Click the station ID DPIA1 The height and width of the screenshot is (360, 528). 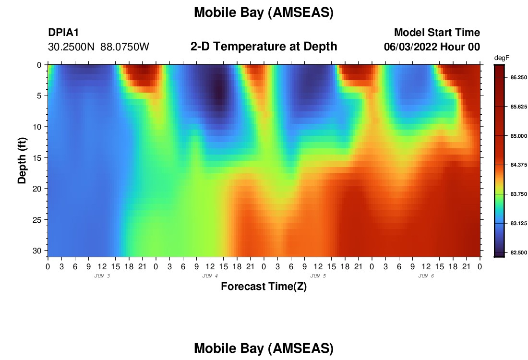(63, 32)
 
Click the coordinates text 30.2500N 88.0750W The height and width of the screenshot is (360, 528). (98, 47)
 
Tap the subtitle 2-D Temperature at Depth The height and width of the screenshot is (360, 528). (264, 47)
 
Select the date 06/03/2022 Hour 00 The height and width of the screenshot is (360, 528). (432, 47)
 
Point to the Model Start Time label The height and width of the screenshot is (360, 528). (437, 32)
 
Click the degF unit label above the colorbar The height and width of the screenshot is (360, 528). (502, 58)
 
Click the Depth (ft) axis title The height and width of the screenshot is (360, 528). (22, 161)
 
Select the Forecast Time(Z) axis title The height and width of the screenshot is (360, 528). (264, 287)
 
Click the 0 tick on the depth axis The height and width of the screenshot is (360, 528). (39, 65)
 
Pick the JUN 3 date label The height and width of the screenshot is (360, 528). (102, 276)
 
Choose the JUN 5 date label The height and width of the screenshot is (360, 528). (318, 276)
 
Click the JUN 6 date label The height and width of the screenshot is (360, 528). (426, 276)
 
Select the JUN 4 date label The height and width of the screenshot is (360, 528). (210, 276)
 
